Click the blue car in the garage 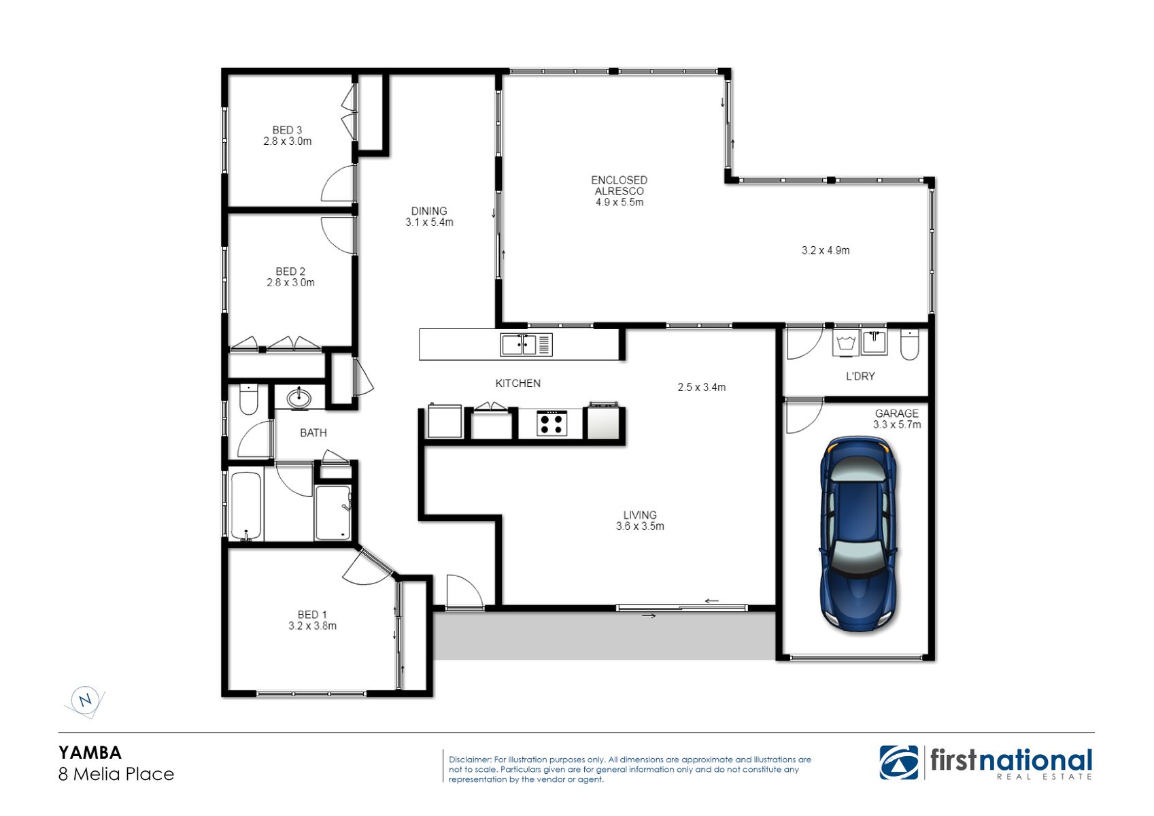click(858, 534)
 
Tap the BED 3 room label click(287, 131)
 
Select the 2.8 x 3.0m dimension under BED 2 click(290, 282)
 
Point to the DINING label click(429, 211)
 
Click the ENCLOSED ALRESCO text click(620, 186)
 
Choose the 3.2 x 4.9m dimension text click(826, 250)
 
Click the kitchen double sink click(526, 345)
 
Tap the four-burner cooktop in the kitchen click(551, 423)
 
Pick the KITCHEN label click(517, 384)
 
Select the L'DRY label click(860, 376)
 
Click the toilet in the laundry click(909, 344)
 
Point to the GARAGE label click(896, 413)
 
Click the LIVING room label click(640, 515)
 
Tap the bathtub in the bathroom click(246, 505)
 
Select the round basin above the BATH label click(299, 398)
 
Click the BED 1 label click(311, 615)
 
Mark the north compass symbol click(85, 700)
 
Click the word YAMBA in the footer click(90, 753)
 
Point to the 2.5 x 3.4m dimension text click(702, 387)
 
